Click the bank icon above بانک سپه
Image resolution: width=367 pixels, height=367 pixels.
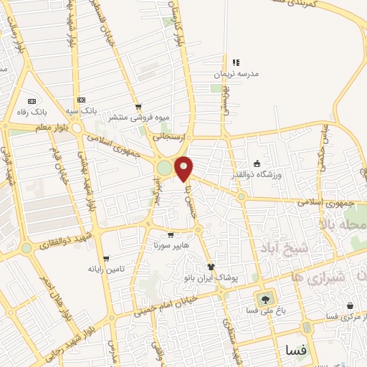81,100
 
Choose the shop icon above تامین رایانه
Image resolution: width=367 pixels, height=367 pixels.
106,259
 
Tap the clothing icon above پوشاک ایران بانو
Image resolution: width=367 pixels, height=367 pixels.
210,266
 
